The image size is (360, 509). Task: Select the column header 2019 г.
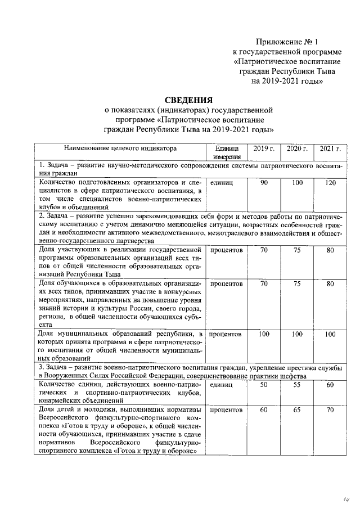click(x=263, y=148)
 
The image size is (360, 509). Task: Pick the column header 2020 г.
click(x=297, y=148)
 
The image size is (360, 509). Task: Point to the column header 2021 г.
click(x=330, y=148)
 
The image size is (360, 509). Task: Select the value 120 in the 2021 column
click(x=330, y=183)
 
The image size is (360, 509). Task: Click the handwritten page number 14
click(x=340, y=498)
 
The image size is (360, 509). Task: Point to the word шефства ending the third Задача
click(x=292, y=376)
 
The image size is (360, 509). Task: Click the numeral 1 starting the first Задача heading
click(x=40, y=166)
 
